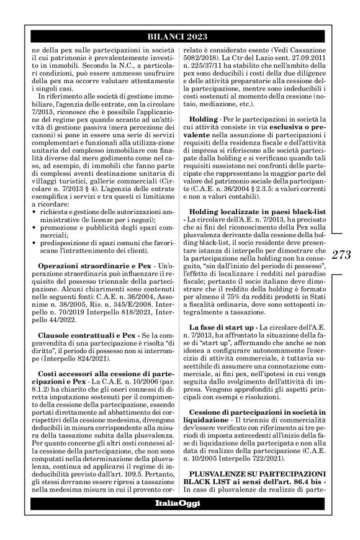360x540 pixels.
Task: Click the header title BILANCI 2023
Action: pos(179,37)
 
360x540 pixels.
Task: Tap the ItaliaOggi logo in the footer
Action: pos(179,520)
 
